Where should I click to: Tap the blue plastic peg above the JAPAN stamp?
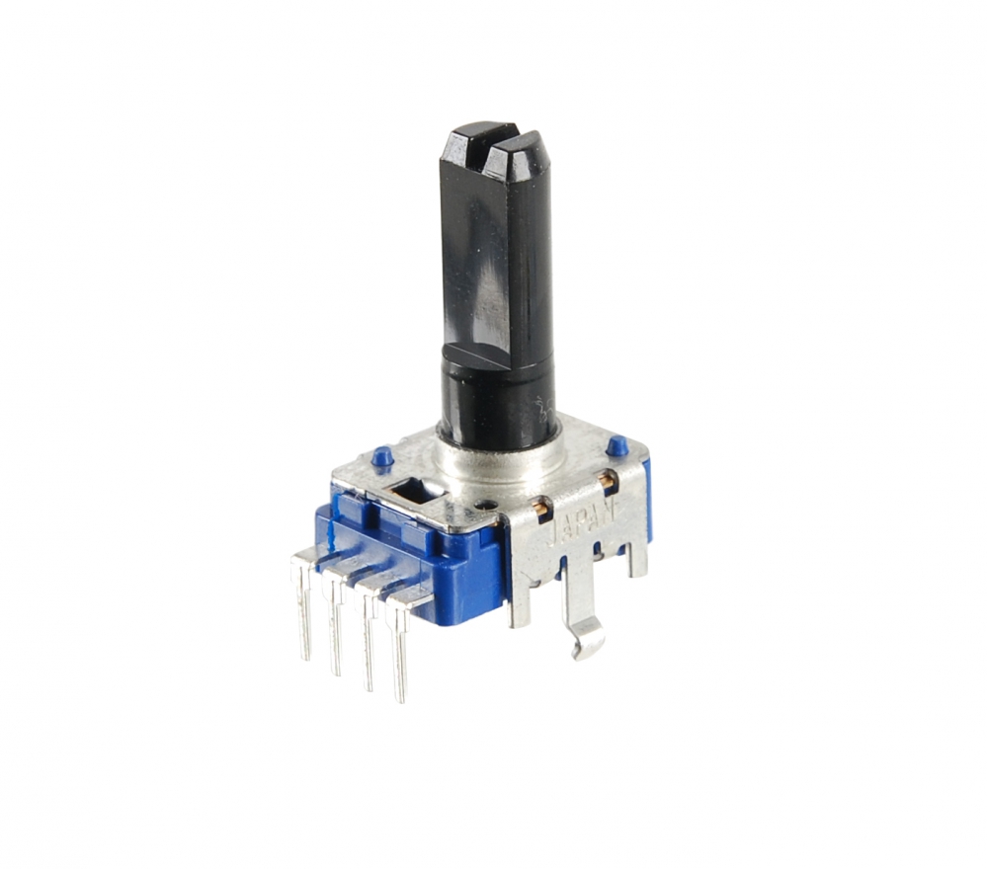pyautogui.click(x=617, y=446)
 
